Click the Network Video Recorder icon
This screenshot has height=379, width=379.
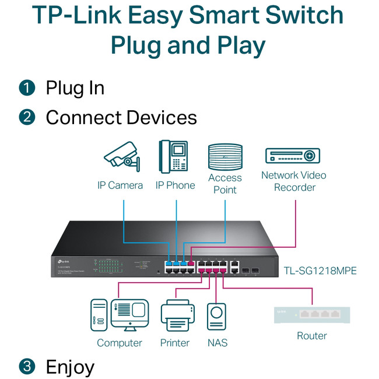pyautogui.click(x=293, y=156)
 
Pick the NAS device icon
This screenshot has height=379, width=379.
pyautogui.click(x=216, y=317)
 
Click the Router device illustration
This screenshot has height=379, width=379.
pyautogui.click(x=312, y=315)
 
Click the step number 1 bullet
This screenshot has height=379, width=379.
pyautogui.click(x=27, y=88)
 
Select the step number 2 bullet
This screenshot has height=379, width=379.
pyautogui.click(x=27, y=117)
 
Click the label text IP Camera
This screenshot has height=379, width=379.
pyautogui.click(x=120, y=185)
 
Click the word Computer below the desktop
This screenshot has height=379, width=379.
pyautogui.click(x=120, y=343)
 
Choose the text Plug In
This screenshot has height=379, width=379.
pyautogui.click(x=75, y=88)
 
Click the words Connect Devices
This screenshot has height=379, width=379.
pyautogui.click(x=121, y=117)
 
